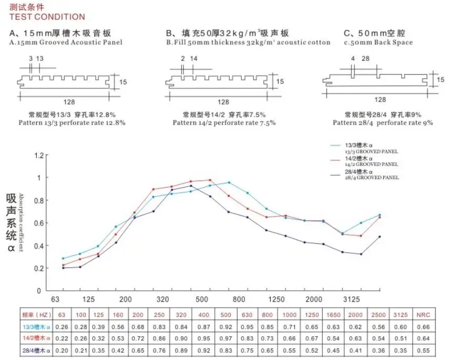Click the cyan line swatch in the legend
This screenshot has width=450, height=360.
(x=336, y=145)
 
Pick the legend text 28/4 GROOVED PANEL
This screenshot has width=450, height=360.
(x=372, y=178)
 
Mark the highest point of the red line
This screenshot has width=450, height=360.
(x=210, y=180)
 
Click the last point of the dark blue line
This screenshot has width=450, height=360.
(x=380, y=236)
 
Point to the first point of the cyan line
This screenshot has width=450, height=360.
(x=63, y=259)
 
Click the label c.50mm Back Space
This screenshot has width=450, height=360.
(x=371, y=42)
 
